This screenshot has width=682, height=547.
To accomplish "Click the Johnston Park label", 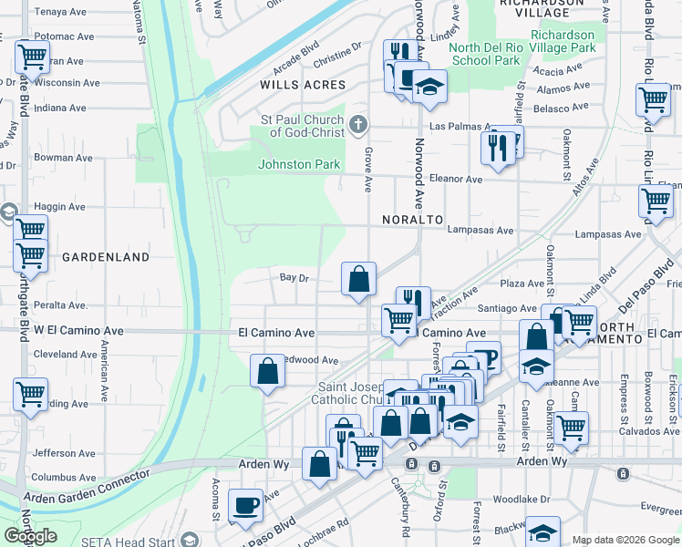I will tap(299, 165).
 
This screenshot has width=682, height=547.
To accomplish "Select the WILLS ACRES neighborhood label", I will tap(303, 85).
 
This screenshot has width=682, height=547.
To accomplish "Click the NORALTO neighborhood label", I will tap(412, 221).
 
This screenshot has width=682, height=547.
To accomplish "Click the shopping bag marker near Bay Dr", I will tap(359, 278).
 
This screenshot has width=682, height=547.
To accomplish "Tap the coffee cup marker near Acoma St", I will tap(245, 505).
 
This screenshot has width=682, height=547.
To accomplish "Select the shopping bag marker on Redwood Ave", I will tap(267, 371).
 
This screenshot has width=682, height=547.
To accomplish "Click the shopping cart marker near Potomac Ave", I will tap(32, 57).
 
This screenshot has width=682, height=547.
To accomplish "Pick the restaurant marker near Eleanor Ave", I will tap(497, 148).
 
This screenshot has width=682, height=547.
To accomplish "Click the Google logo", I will tap(30, 536).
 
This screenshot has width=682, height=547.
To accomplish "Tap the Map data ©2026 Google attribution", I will tap(625, 540).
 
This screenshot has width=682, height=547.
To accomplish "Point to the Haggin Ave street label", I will tap(58, 207).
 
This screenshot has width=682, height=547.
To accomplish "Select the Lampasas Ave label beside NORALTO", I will tap(480, 231).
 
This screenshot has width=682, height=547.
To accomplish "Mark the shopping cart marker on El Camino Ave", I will tap(398, 320).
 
